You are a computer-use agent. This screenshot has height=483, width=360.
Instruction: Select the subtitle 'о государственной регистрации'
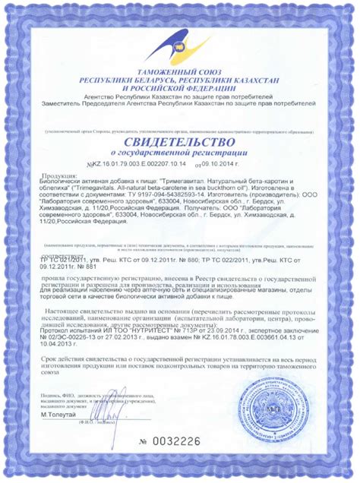pyautogui.click(x=180, y=154)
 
